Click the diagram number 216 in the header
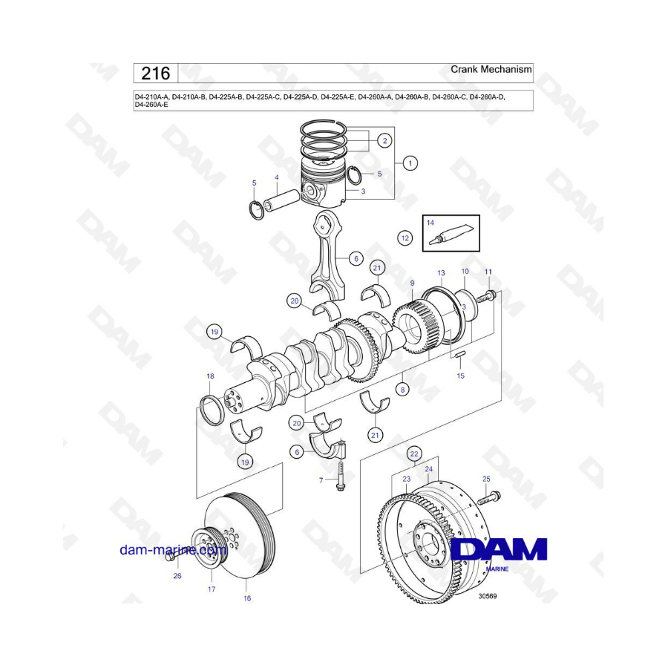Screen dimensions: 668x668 [156, 73]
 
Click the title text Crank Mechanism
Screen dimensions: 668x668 [491, 69]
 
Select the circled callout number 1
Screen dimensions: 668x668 [410, 163]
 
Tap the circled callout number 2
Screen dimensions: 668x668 [384, 140]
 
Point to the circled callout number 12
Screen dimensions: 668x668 [405, 238]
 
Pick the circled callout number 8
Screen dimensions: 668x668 [402, 388]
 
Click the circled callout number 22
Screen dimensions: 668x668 [414, 453]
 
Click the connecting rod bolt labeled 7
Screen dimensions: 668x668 [341, 474]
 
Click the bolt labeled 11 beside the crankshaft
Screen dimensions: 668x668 [486, 296]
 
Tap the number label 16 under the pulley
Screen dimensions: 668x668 [247, 598]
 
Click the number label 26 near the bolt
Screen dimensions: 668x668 [177, 575]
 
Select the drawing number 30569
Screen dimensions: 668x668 [488, 596]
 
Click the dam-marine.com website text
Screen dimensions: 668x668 [174, 549]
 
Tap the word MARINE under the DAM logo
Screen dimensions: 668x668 [497, 569]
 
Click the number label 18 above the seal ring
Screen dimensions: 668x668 [210, 376]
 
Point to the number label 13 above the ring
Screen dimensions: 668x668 [441, 272]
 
